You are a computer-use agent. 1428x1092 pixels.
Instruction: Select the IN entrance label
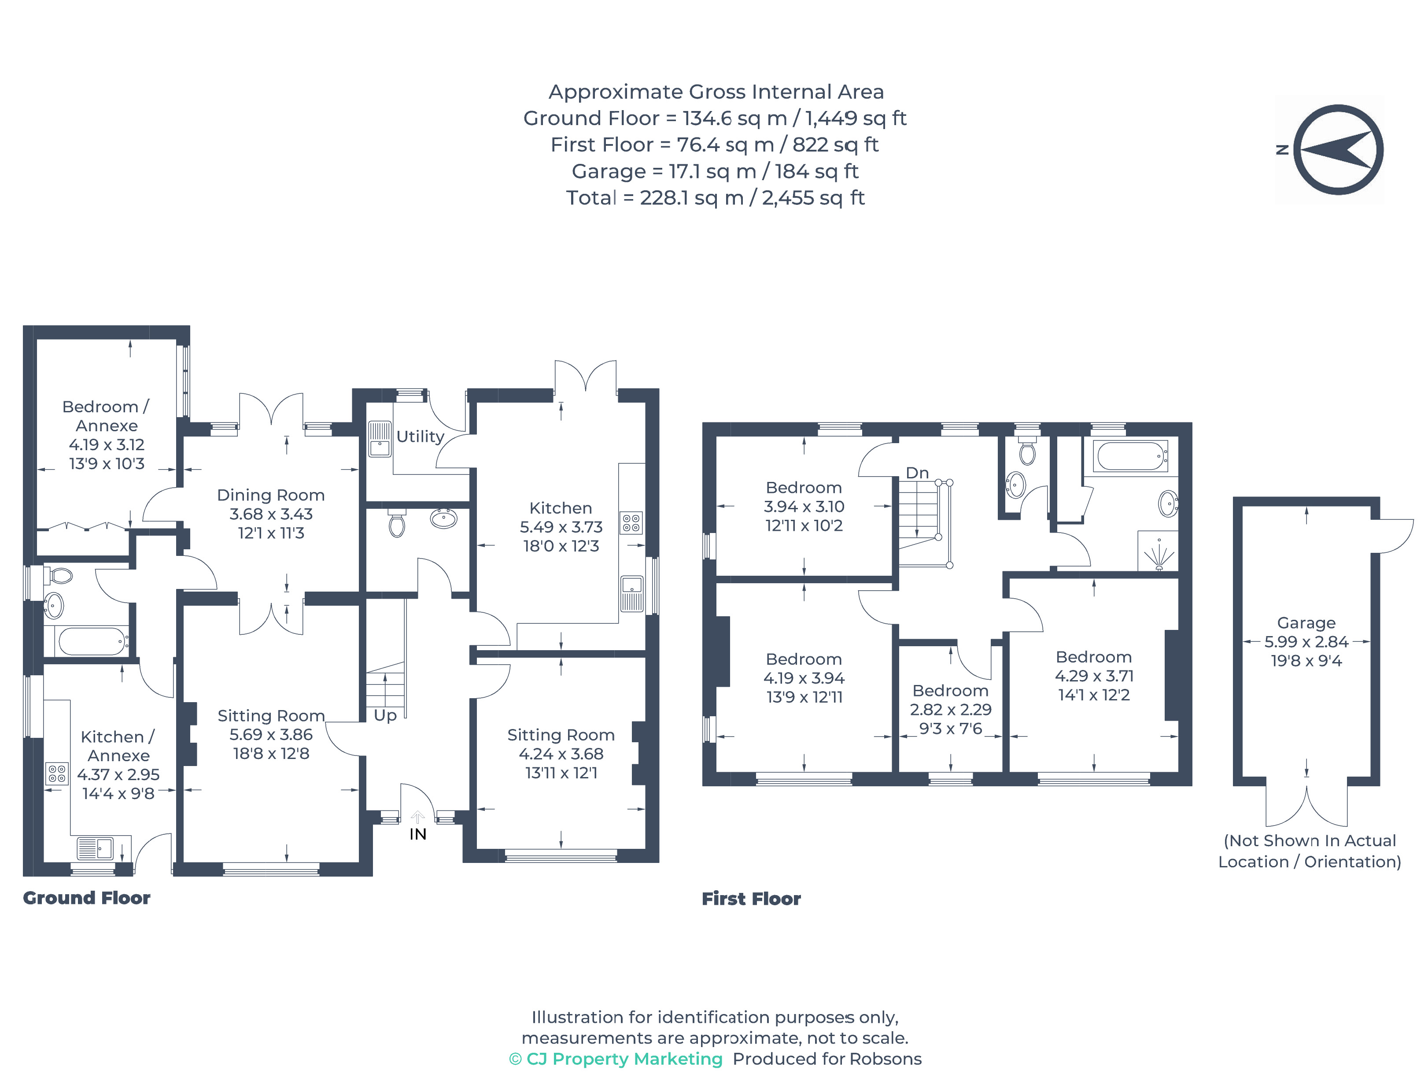[x=418, y=834]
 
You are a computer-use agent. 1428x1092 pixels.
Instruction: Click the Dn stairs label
[x=917, y=473]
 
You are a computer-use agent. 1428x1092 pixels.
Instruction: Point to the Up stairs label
[x=385, y=716]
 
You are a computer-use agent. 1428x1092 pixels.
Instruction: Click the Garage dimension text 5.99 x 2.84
[x=1306, y=641]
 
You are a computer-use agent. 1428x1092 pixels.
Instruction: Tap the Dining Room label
[x=271, y=495]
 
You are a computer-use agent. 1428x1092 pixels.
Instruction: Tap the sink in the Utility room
[x=380, y=439]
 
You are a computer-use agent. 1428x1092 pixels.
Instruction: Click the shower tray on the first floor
[x=1158, y=551]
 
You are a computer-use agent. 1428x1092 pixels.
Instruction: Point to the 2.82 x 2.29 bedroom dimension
[x=951, y=710]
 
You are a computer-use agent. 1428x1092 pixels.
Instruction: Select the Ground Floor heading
[x=86, y=898]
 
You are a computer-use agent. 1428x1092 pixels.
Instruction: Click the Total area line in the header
[x=715, y=198]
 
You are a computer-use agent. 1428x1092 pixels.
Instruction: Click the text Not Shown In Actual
[x=1310, y=840]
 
